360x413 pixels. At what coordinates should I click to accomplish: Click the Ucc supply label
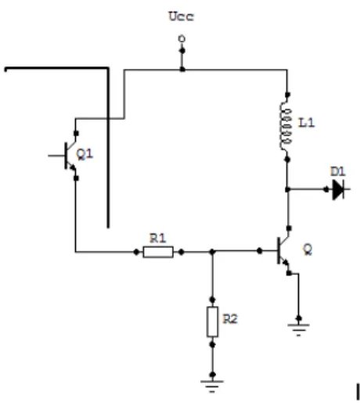point(181,16)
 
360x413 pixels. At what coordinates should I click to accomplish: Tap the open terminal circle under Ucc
point(182,39)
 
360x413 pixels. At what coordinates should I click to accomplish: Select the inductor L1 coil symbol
point(286,127)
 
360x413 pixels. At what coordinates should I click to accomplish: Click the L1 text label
point(306,123)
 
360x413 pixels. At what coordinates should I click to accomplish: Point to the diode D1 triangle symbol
point(338,189)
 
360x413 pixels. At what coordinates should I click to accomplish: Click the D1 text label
point(337,172)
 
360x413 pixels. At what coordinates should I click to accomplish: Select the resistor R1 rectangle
point(158,252)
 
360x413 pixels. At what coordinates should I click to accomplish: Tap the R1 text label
point(157,239)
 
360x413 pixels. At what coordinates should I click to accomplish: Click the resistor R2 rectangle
point(212,321)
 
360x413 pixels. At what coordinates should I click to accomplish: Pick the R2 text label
point(230,319)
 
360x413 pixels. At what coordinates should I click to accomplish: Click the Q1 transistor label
point(85,154)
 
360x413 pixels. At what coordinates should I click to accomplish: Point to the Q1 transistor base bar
point(66,156)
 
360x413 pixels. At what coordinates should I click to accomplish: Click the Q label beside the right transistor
point(308,250)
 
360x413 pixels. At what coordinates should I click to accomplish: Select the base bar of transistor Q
point(279,250)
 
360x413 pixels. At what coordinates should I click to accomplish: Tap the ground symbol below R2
point(212,386)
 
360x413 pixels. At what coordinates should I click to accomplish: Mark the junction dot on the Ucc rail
point(182,70)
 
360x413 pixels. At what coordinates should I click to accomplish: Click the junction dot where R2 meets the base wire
point(212,252)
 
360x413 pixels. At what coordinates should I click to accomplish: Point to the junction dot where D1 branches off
point(288,189)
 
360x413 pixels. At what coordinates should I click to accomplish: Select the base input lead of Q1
point(56,156)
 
